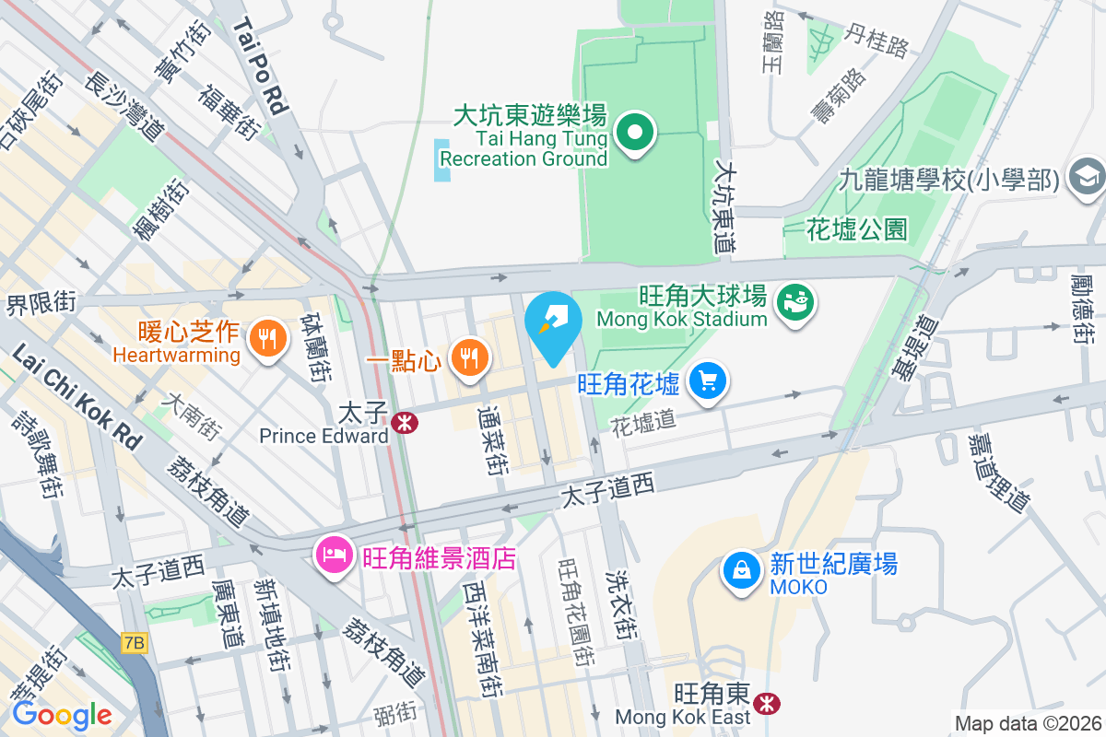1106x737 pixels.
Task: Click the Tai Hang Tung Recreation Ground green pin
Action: (x=634, y=133)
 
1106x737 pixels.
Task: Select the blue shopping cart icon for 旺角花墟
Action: (x=707, y=381)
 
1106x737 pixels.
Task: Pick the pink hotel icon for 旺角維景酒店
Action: (x=333, y=555)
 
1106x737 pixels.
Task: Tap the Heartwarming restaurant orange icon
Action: (x=267, y=340)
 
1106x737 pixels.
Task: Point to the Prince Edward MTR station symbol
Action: (x=403, y=422)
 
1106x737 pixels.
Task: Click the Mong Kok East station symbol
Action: (x=764, y=704)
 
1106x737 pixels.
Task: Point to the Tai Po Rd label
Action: (x=261, y=67)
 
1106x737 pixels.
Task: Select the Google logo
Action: (x=62, y=714)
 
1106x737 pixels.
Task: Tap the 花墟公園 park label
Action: (x=857, y=228)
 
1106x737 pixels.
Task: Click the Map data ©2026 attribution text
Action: (x=1027, y=723)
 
